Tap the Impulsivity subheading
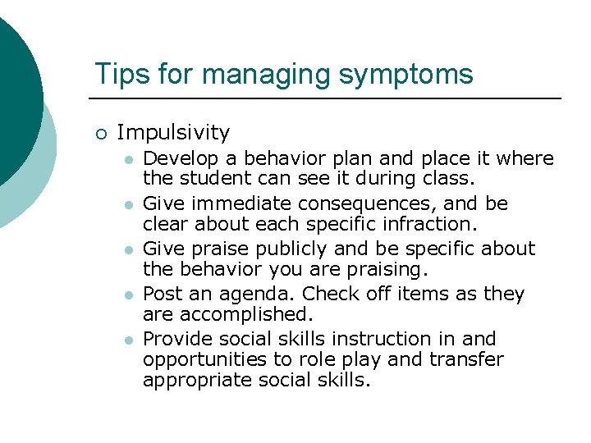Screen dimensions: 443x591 [x=173, y=132]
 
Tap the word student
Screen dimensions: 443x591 [x=207, y=178]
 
